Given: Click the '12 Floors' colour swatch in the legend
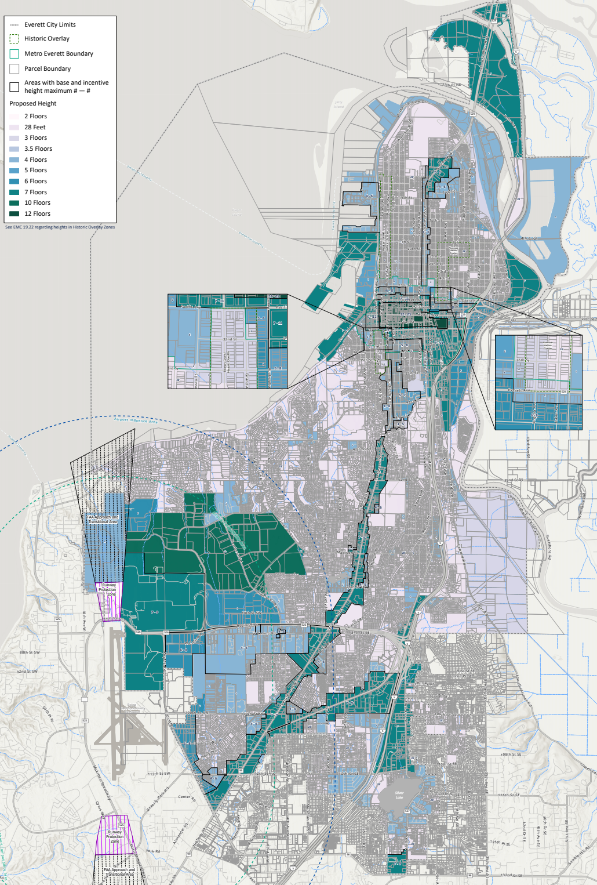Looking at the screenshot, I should pos(14,213).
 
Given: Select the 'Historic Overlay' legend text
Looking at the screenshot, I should pos(47,39).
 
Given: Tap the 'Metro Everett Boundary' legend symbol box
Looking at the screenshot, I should pos(14,54).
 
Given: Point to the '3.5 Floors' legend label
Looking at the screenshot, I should pos(38,149).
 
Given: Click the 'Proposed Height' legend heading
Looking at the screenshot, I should pos(33,104).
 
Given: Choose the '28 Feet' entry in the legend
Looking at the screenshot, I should pos(35,128).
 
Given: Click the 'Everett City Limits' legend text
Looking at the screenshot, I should pos(50,25).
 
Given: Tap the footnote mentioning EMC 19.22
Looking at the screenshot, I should pos(60,227).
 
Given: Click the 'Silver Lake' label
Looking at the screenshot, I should pos(399,795).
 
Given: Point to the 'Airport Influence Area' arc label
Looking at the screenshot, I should pos(136,420).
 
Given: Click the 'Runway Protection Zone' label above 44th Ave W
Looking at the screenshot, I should pos(109,589).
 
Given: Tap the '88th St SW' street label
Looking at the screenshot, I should pos(30,652).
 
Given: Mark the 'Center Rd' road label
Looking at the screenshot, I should pos(184,797).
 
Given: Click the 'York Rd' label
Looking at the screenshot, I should pos(153,851).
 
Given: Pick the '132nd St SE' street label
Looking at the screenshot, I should pos(511,875).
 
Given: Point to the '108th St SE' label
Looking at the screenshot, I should pos(511,755).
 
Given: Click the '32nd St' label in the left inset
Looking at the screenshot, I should pos(229,339).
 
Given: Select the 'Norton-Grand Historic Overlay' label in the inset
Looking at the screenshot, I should pos(227,362).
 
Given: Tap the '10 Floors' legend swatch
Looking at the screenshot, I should pos(14,203).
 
